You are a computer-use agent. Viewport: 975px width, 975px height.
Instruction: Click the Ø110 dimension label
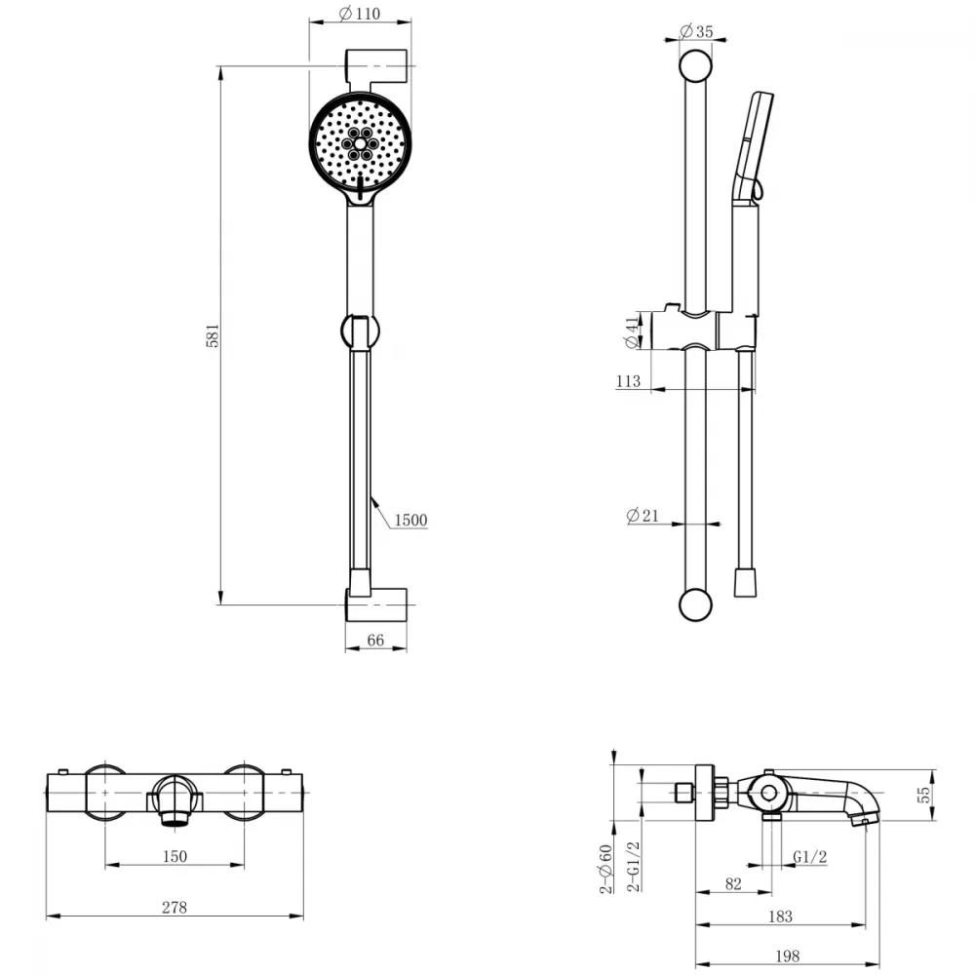(360, 13)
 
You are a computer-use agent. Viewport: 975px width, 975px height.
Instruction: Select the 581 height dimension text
(213, 335)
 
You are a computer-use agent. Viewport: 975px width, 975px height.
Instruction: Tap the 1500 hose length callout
(410, 520)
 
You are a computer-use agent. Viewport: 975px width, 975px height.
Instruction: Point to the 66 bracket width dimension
(375, 640)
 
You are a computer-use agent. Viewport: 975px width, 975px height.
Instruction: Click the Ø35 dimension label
(696, 30)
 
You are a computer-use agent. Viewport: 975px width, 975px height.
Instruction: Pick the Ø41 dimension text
(632, 332)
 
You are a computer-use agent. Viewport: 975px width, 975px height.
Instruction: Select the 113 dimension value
(628, 380)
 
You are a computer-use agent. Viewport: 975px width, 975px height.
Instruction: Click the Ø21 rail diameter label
(643, 515)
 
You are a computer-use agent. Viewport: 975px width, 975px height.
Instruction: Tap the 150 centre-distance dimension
(175, 856)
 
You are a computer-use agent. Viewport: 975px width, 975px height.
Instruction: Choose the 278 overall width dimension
(175, 907)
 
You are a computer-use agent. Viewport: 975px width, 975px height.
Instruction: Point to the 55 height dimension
(924, 794)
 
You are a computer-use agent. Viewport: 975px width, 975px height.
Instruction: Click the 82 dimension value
(733, 883)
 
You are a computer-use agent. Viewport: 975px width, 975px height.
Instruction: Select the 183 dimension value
(780, 916)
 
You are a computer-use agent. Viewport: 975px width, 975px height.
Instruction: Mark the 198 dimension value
(787, 955)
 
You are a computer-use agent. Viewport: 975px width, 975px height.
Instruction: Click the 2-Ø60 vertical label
(606, 869)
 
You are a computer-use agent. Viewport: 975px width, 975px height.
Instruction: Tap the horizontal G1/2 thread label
(809, 857)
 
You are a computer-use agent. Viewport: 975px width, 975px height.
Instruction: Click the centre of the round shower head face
(360, 143)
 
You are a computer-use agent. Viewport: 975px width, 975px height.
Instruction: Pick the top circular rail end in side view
(695, 66)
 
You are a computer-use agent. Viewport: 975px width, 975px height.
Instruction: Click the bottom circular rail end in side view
(695, 604)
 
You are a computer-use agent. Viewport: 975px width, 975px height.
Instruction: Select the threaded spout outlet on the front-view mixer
(175, 818)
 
